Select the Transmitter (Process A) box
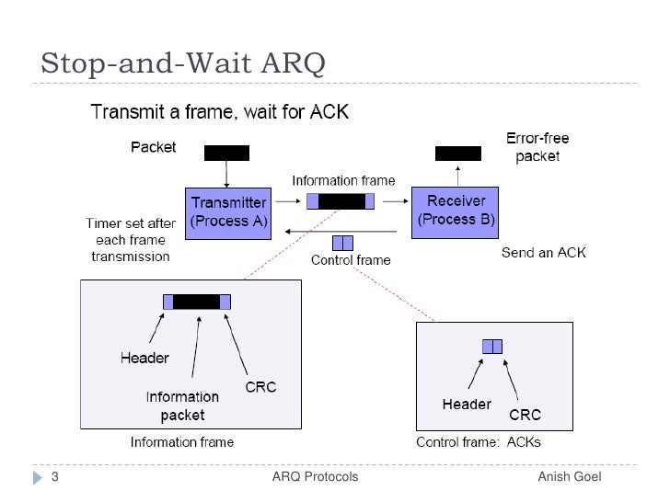(x=228, y=211)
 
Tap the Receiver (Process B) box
(x=456, y=211)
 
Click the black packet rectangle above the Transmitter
(x=225, y=153)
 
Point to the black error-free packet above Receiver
(x=457, y=153)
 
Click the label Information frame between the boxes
(x=343, y=180)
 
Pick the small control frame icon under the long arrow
(x=342, y=244)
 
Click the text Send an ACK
(x=543, y=252)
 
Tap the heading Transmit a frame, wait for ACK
(x=219, y=114)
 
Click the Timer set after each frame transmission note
(x=130, y=240)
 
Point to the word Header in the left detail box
(x=144, y=358)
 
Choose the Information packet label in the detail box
(x=182, y=405)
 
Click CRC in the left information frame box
(x=260, y=388)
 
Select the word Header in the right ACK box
(x=467, y=405)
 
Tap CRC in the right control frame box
(x=526, y=415)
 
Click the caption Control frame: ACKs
(x=479, y=442)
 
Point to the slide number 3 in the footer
(x=54, y=477)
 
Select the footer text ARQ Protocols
(x=316, y=477)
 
